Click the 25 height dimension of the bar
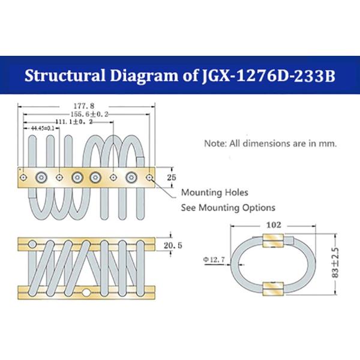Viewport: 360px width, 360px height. tap(171, 178)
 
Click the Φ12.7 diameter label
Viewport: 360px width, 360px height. tap(214, 259)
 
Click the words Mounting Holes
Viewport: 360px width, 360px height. tap(215, 193)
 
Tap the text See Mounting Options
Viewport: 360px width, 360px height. tap(228, 208)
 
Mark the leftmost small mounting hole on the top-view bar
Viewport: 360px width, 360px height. tap(23, 177)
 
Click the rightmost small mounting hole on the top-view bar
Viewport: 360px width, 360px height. tap(149, 177)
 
